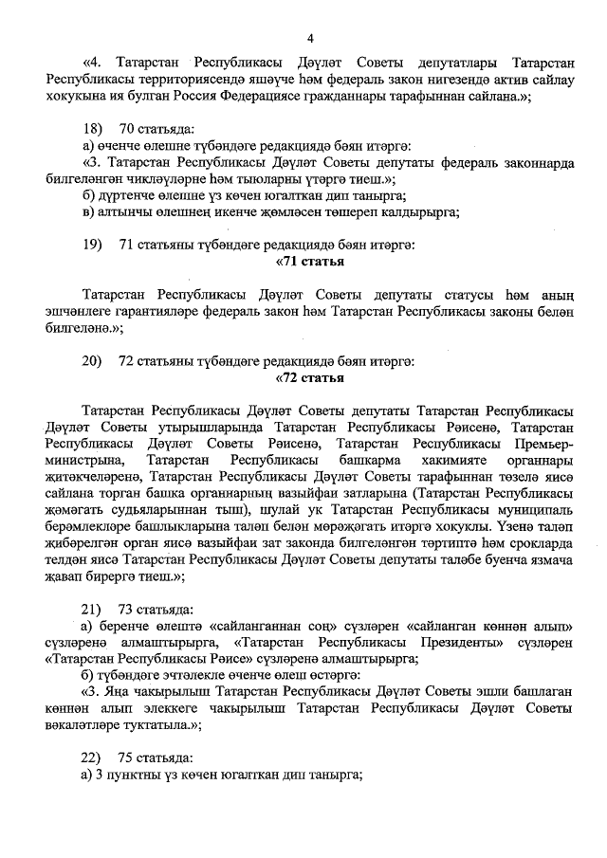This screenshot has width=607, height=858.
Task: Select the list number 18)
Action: [x=92, y=128]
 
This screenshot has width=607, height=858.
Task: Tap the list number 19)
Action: [x=92, y=246]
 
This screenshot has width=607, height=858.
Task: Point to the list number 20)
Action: [x=92, y=361]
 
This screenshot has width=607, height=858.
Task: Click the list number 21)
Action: [x=92, y=608]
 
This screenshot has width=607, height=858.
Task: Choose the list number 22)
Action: [x=92, y=758]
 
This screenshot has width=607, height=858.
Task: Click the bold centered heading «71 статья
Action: [x=309, y=262]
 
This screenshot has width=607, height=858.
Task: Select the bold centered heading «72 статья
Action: [x=309, y=378]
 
